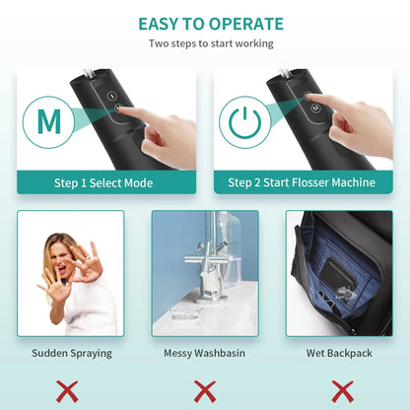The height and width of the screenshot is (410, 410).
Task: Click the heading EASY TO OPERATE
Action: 210,24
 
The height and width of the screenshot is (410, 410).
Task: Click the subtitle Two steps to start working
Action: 210,44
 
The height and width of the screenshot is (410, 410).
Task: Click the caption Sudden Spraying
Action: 71,352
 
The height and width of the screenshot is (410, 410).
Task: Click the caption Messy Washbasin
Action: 205,352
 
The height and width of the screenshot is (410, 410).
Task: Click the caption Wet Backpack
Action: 339,352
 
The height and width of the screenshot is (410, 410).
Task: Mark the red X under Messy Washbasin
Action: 205,389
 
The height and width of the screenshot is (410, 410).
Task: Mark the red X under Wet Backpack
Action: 340,389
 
